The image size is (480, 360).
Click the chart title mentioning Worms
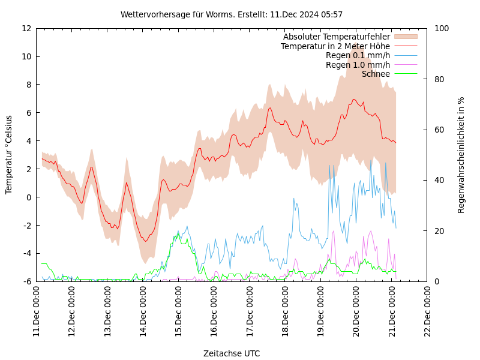click(x=232, y=14)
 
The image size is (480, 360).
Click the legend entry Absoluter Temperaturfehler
click(x=336, y=37)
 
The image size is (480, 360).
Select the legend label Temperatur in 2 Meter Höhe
click(x=335, y=46)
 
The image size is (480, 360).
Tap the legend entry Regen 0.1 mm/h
click(x=358, y=56)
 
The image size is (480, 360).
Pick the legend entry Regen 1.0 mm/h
click(x=358, y=65)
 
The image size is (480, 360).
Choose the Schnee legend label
click(x=376, y=74)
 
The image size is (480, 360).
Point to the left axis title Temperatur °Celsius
click(x=9, y=154)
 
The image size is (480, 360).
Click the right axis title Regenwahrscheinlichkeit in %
click(x=461, y=155)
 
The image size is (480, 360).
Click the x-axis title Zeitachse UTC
click(x=232, y=353)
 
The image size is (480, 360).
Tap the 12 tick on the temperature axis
click(x=26, y=28)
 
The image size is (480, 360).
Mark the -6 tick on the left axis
click(x=26, y=281)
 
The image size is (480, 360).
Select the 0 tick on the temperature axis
click(x=29, y=197)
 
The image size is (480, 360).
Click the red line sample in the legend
click(x=405, y=46)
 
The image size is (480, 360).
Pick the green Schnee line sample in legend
click(x=405, y=74)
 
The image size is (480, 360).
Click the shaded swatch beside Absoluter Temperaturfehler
click(x=405, y=37)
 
